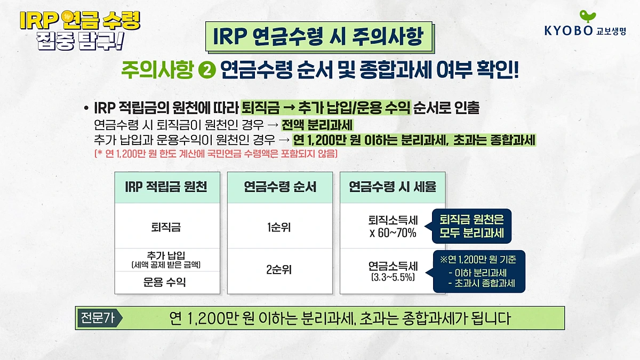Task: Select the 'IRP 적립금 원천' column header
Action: (166, 187)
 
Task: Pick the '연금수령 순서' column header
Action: (280, 187)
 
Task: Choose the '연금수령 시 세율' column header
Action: (393, 187)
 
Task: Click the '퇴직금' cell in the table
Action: (166, 227)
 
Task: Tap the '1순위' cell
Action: (280, 227)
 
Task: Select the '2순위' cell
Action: (280, 270)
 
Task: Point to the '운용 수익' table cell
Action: (166, 282)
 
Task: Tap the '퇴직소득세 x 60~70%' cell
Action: (393, 227)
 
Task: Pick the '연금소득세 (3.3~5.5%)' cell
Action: (393, 270)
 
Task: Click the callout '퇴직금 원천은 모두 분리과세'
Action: (468, 226)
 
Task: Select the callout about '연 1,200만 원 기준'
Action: (478, 271)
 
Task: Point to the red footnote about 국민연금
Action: (215, 154)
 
